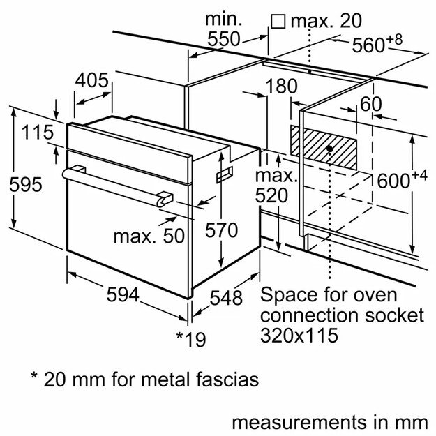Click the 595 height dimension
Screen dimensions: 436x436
point(26,185)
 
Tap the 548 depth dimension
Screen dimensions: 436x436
point(226,298)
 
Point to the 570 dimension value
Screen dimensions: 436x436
point(222,230)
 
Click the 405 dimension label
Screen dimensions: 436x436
point(92,80)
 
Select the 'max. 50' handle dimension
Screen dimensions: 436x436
point(149,236)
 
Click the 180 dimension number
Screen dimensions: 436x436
point(281,87)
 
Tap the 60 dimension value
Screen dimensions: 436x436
point(371,104)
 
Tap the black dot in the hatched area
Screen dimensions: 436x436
point(328,149)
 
